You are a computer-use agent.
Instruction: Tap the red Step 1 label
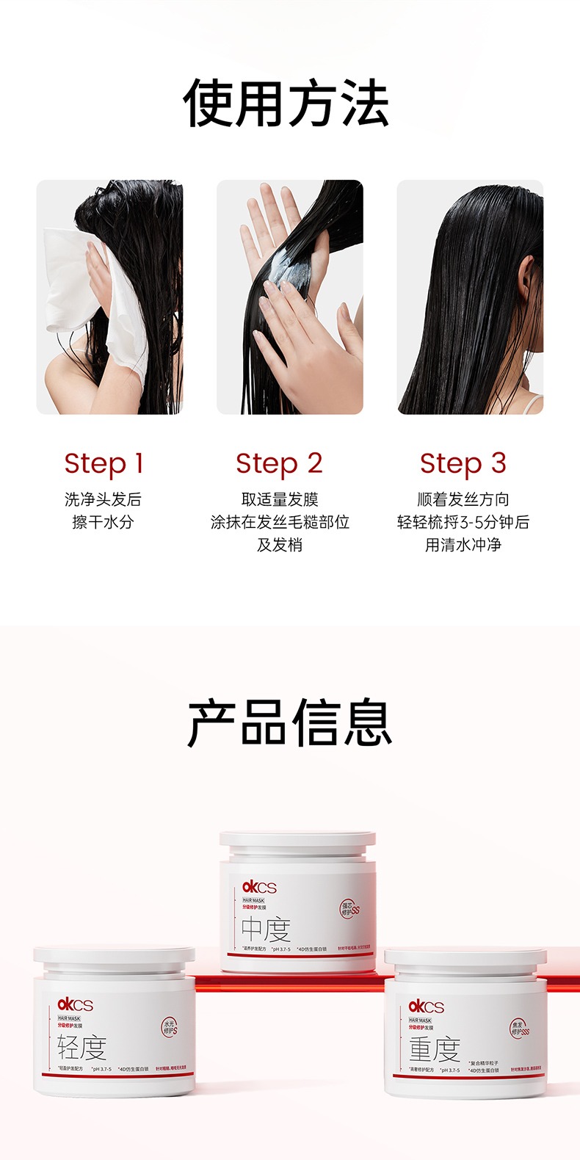[104, 463]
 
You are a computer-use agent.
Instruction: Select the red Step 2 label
[279, 463]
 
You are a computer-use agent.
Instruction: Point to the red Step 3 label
[463, 463]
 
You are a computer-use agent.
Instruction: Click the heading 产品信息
[289, 723]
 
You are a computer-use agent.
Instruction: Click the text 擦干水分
[103, 523]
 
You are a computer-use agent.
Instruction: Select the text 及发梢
[279, 545]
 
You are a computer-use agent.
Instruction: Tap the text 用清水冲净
[463, 545]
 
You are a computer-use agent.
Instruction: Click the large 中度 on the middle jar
[266, 930]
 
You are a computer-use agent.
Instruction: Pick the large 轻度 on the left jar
[81, 1048]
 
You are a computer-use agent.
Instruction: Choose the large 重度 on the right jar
[434, 1051]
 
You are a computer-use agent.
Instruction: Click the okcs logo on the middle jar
[259, 888]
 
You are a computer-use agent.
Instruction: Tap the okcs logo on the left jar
[75, 1005]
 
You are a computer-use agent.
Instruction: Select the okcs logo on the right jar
[426, 1007]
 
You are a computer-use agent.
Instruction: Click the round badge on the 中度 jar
[350, 909]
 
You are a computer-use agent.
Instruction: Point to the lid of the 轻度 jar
[114, 958]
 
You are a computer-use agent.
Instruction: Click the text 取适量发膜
[279, 500]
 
